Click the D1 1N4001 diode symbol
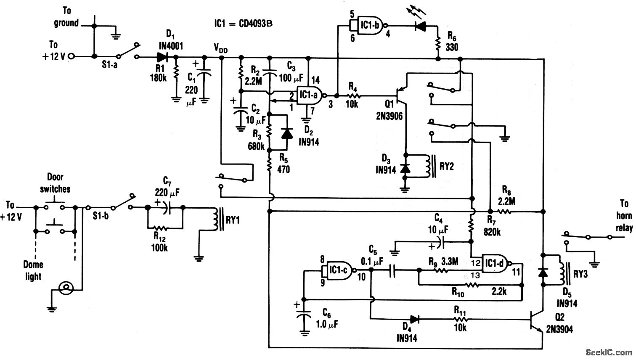click(x=162, y=57)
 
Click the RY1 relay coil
click(x=216, y=219)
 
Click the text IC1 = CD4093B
click(x=243, y=23)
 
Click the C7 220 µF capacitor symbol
click(x=166, y=207)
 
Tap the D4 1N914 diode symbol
click(x=414, y=319)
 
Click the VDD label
click(x=220, y=49)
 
